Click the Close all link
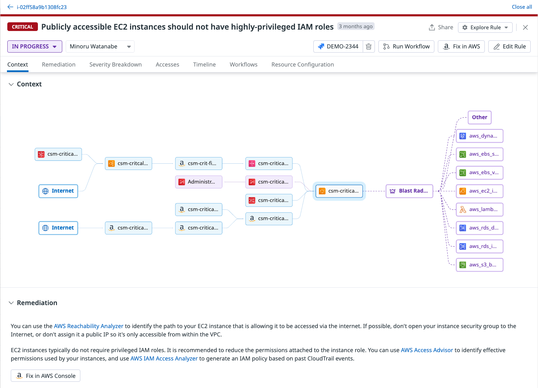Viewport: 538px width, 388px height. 522,7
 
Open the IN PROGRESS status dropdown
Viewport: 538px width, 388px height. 34,47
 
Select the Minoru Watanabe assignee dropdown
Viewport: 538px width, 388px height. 100,47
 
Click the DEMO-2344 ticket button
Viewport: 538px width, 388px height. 338,47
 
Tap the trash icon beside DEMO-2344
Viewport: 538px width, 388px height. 369,47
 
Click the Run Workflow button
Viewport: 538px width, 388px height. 406,47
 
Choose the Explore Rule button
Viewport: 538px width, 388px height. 485,28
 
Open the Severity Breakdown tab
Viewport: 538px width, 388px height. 115,64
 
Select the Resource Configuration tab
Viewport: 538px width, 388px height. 303,64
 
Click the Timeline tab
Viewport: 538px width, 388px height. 204,64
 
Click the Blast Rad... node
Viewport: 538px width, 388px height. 409,191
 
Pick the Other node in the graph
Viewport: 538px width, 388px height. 480,117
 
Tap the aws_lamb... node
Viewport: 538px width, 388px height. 480,209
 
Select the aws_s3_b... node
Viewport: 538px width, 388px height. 480,265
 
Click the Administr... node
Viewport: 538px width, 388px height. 199,182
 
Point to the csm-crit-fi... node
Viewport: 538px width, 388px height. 199,163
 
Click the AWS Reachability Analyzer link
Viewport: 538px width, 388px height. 89,326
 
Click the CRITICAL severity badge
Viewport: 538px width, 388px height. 23,27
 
